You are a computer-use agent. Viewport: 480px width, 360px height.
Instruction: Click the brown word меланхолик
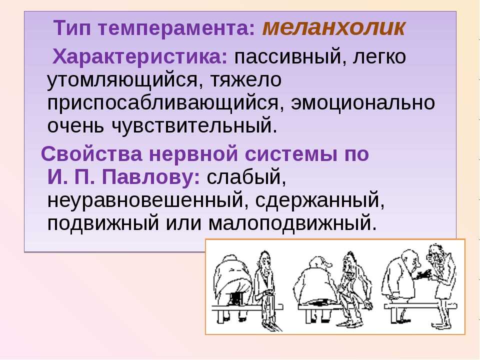pos(334,28)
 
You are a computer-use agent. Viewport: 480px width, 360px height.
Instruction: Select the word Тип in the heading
pos(72,28)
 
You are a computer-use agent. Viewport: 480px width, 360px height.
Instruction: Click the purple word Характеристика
pos(140,57)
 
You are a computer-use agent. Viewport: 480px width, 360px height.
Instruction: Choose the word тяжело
pos(246,80)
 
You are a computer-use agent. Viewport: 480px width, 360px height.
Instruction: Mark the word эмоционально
pos(363,102)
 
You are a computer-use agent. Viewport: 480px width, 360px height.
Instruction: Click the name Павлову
pos(150,177)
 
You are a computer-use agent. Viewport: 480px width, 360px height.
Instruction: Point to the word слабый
pos(246,177)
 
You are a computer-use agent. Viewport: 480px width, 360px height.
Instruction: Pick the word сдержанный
pos(320,200)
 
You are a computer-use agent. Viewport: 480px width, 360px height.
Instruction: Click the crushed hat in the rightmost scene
pos(422,274)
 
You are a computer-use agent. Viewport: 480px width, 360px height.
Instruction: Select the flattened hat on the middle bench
pos(318,302)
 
